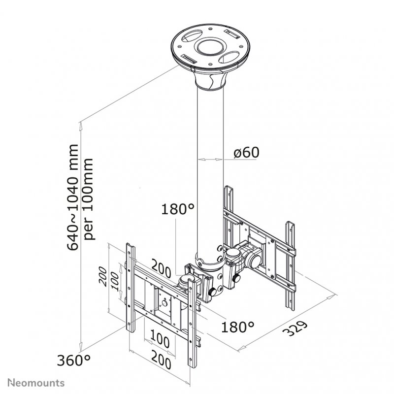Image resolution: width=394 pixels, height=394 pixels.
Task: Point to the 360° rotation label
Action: coord(74,361)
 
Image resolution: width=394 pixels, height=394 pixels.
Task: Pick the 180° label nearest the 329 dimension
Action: coord(238,326)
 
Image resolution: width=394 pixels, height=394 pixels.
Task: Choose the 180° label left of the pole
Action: coord(178,210)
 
